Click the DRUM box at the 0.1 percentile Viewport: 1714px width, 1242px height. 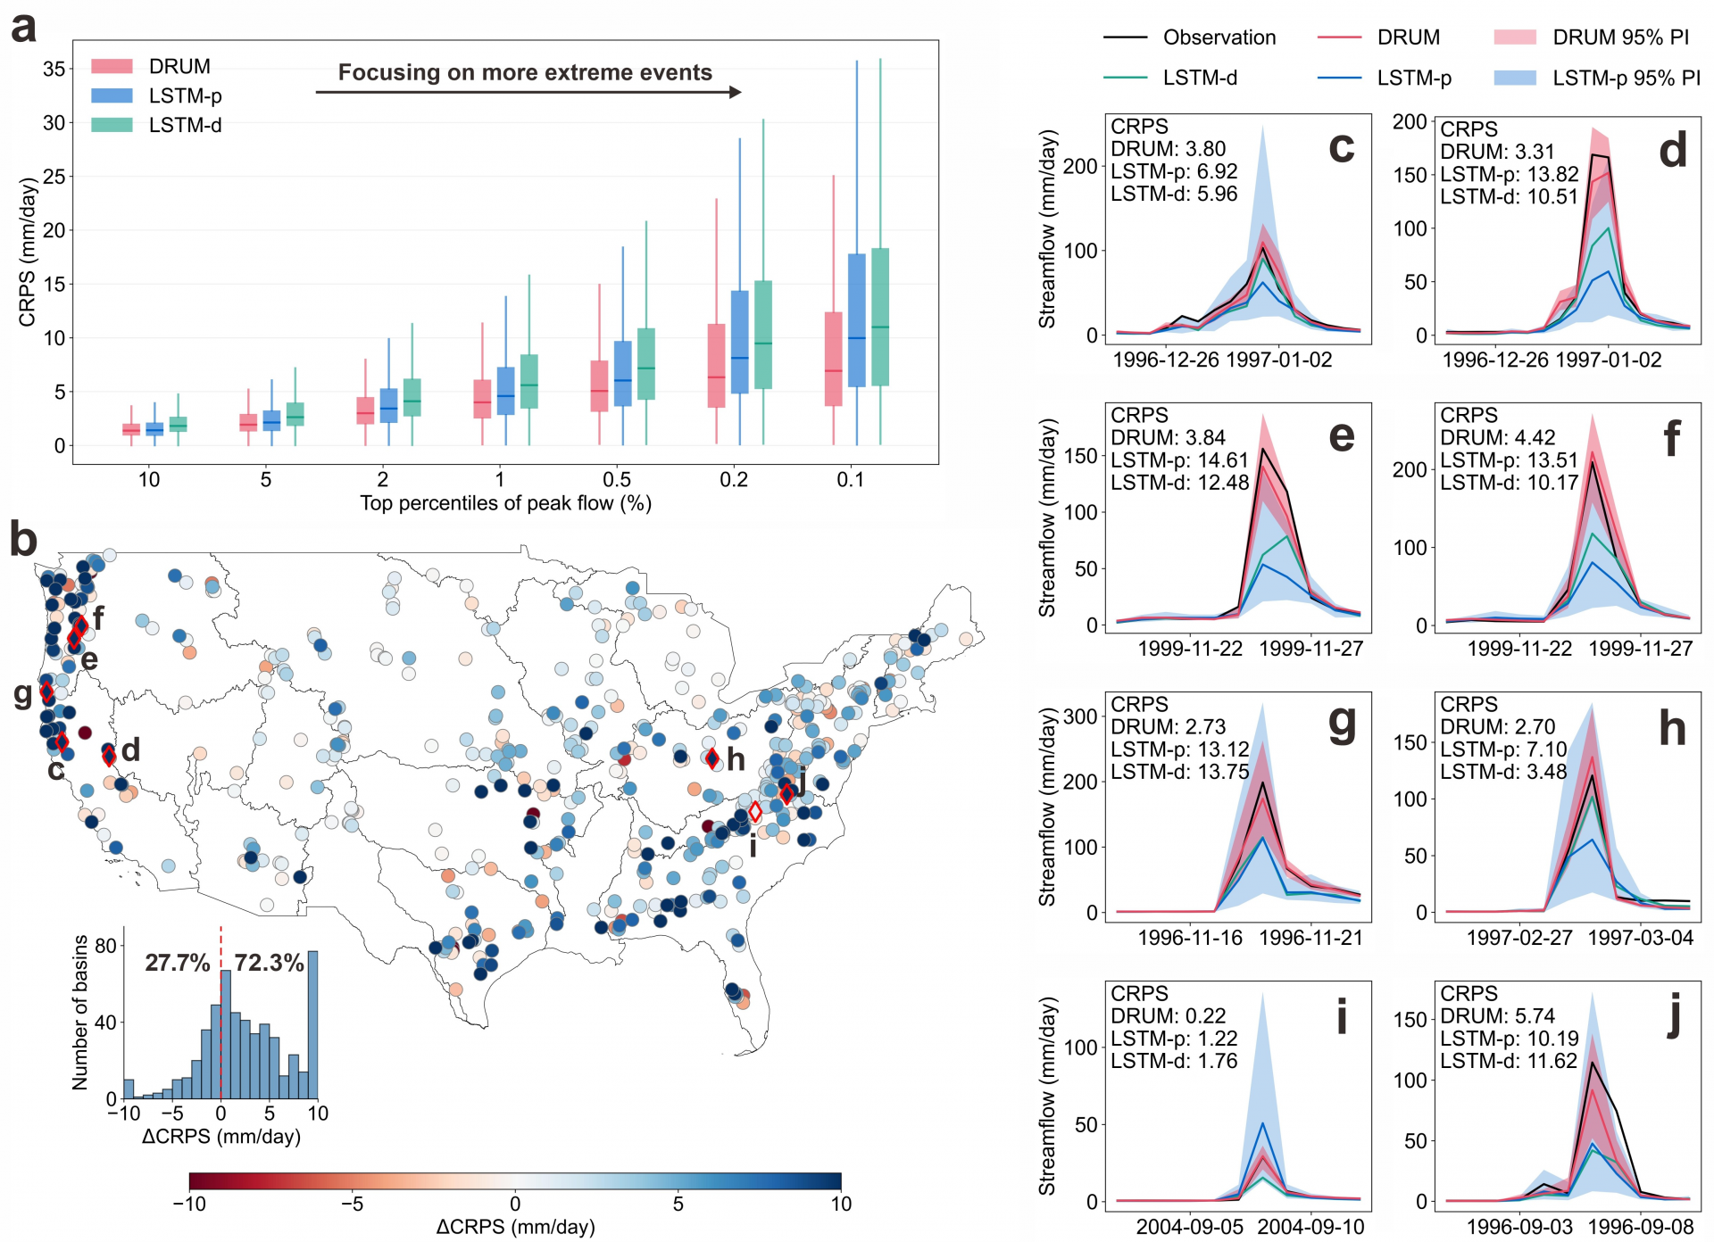(x=833, y=359)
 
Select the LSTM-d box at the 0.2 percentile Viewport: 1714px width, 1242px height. (x=763, y=335)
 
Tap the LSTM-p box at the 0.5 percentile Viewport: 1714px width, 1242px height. (x=623, y=373)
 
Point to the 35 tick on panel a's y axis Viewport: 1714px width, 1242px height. (x=54, y=69)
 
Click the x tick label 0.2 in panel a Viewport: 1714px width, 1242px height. (x=734, y=480)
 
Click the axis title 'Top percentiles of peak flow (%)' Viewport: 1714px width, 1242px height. (x=505, y=503)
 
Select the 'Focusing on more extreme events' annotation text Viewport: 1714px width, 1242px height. (x=525, y=72)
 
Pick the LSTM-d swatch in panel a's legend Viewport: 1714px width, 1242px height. (x=112, y=125)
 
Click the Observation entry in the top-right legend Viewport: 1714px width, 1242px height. (x=1189, y=37)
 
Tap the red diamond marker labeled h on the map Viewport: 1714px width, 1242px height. (x=712, y=759)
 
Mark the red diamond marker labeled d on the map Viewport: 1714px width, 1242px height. (x=109, y=757)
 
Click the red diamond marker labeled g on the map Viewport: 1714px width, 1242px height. (x=46, y=691)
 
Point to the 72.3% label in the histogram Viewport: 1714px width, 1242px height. (x=269, y=963)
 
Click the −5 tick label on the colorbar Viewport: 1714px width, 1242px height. (x=352, y=1204)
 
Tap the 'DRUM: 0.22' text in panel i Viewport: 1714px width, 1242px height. (x=1168, y=1016)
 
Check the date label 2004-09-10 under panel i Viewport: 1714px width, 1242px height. (x=1310, y=1227)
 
